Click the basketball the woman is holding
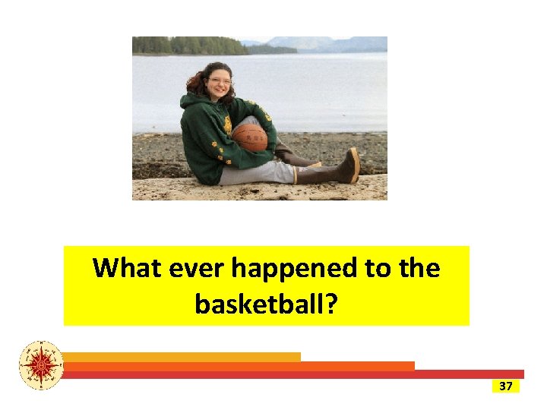click(249, 137)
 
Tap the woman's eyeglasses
click(219, 81)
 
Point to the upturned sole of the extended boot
click(354, 164)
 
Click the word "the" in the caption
click(420, 268)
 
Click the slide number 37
click(505, 386)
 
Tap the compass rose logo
click(42, 365)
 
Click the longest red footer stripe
click(292, 374)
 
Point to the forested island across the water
click(190, 46)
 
